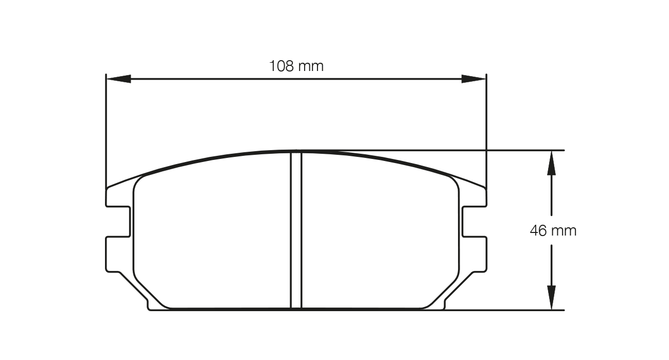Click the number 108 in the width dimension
coord(281,66)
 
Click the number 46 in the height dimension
coord(538,230)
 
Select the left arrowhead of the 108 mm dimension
coord(118,79)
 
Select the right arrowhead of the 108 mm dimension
coord(473,79)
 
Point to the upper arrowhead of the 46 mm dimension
coord(551,162)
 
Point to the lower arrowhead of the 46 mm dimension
coord(551,298)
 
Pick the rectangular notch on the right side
coord(473,222)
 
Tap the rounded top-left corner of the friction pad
coord(139,180)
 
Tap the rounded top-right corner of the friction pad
coord(453,180)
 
